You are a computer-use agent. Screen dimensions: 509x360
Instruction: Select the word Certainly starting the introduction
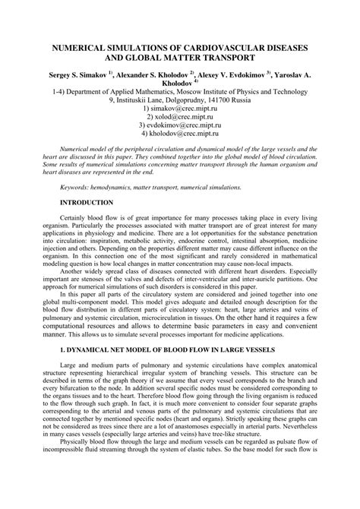[x=77, y=218]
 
